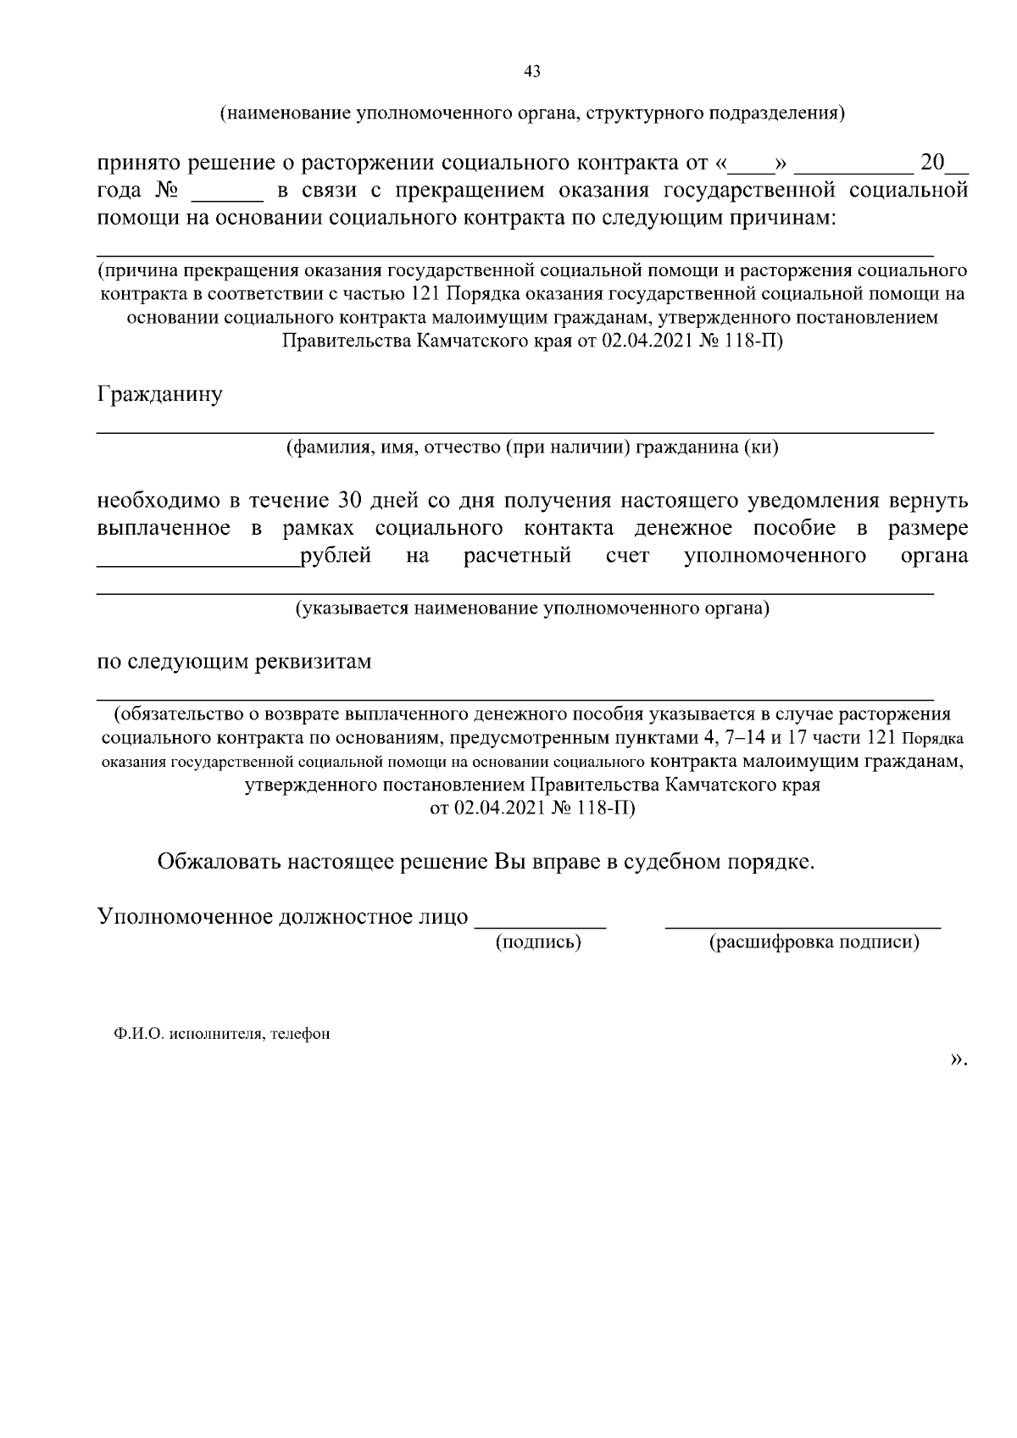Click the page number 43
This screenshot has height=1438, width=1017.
point(532,72)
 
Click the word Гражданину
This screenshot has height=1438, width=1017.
point(160,395)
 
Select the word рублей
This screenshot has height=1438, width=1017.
point(336,556)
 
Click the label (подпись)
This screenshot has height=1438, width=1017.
point(538,941)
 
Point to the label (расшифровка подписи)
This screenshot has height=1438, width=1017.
point(814,941)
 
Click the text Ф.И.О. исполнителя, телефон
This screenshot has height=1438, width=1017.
point(222,1034)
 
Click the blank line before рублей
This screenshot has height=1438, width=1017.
point(197,564)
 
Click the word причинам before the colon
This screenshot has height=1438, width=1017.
point(775,218)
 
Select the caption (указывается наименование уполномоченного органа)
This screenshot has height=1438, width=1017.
point(532,608)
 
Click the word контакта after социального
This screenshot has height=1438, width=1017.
point(568,528)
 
